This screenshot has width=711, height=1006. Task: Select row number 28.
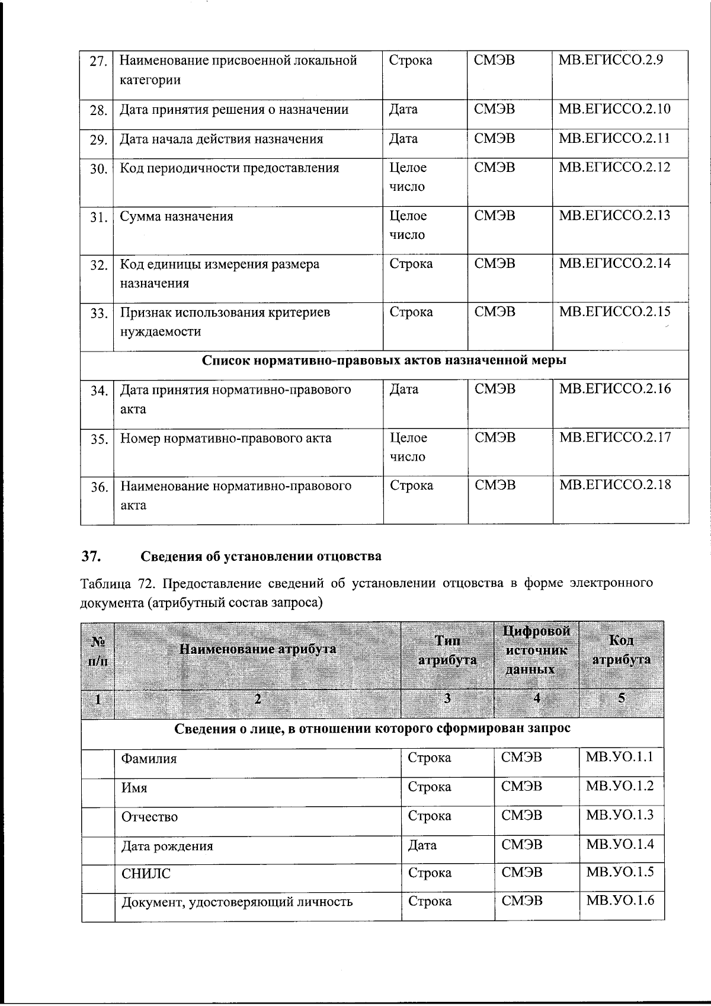(x=98, y=110)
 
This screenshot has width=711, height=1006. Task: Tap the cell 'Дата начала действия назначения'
(x=222, y=139)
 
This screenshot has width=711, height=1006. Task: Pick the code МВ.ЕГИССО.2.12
(x=614, y=167)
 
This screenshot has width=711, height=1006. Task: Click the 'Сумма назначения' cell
(x=177, y=216)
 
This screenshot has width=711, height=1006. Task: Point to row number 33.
(x=98, y=314)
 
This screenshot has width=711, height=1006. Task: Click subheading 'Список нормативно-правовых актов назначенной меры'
(x=384, y=360)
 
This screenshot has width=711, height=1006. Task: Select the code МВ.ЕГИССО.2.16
(x=615, y=389)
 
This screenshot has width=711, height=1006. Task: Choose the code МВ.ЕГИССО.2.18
(x=615, y=485)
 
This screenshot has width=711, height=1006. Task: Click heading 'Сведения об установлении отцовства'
(x=261, y=557)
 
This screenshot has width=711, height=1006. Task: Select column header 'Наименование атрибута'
(x=257, y=649)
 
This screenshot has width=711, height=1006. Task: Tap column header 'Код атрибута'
(x=622, y=650)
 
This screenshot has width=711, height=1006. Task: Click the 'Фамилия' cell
(x=149, y=759)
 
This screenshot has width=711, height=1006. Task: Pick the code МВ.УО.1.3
(x=619, y=815)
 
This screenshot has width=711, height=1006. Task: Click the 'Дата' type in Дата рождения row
(x=422, y=845)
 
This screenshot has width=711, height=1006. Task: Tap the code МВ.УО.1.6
(x=620, y=901)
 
